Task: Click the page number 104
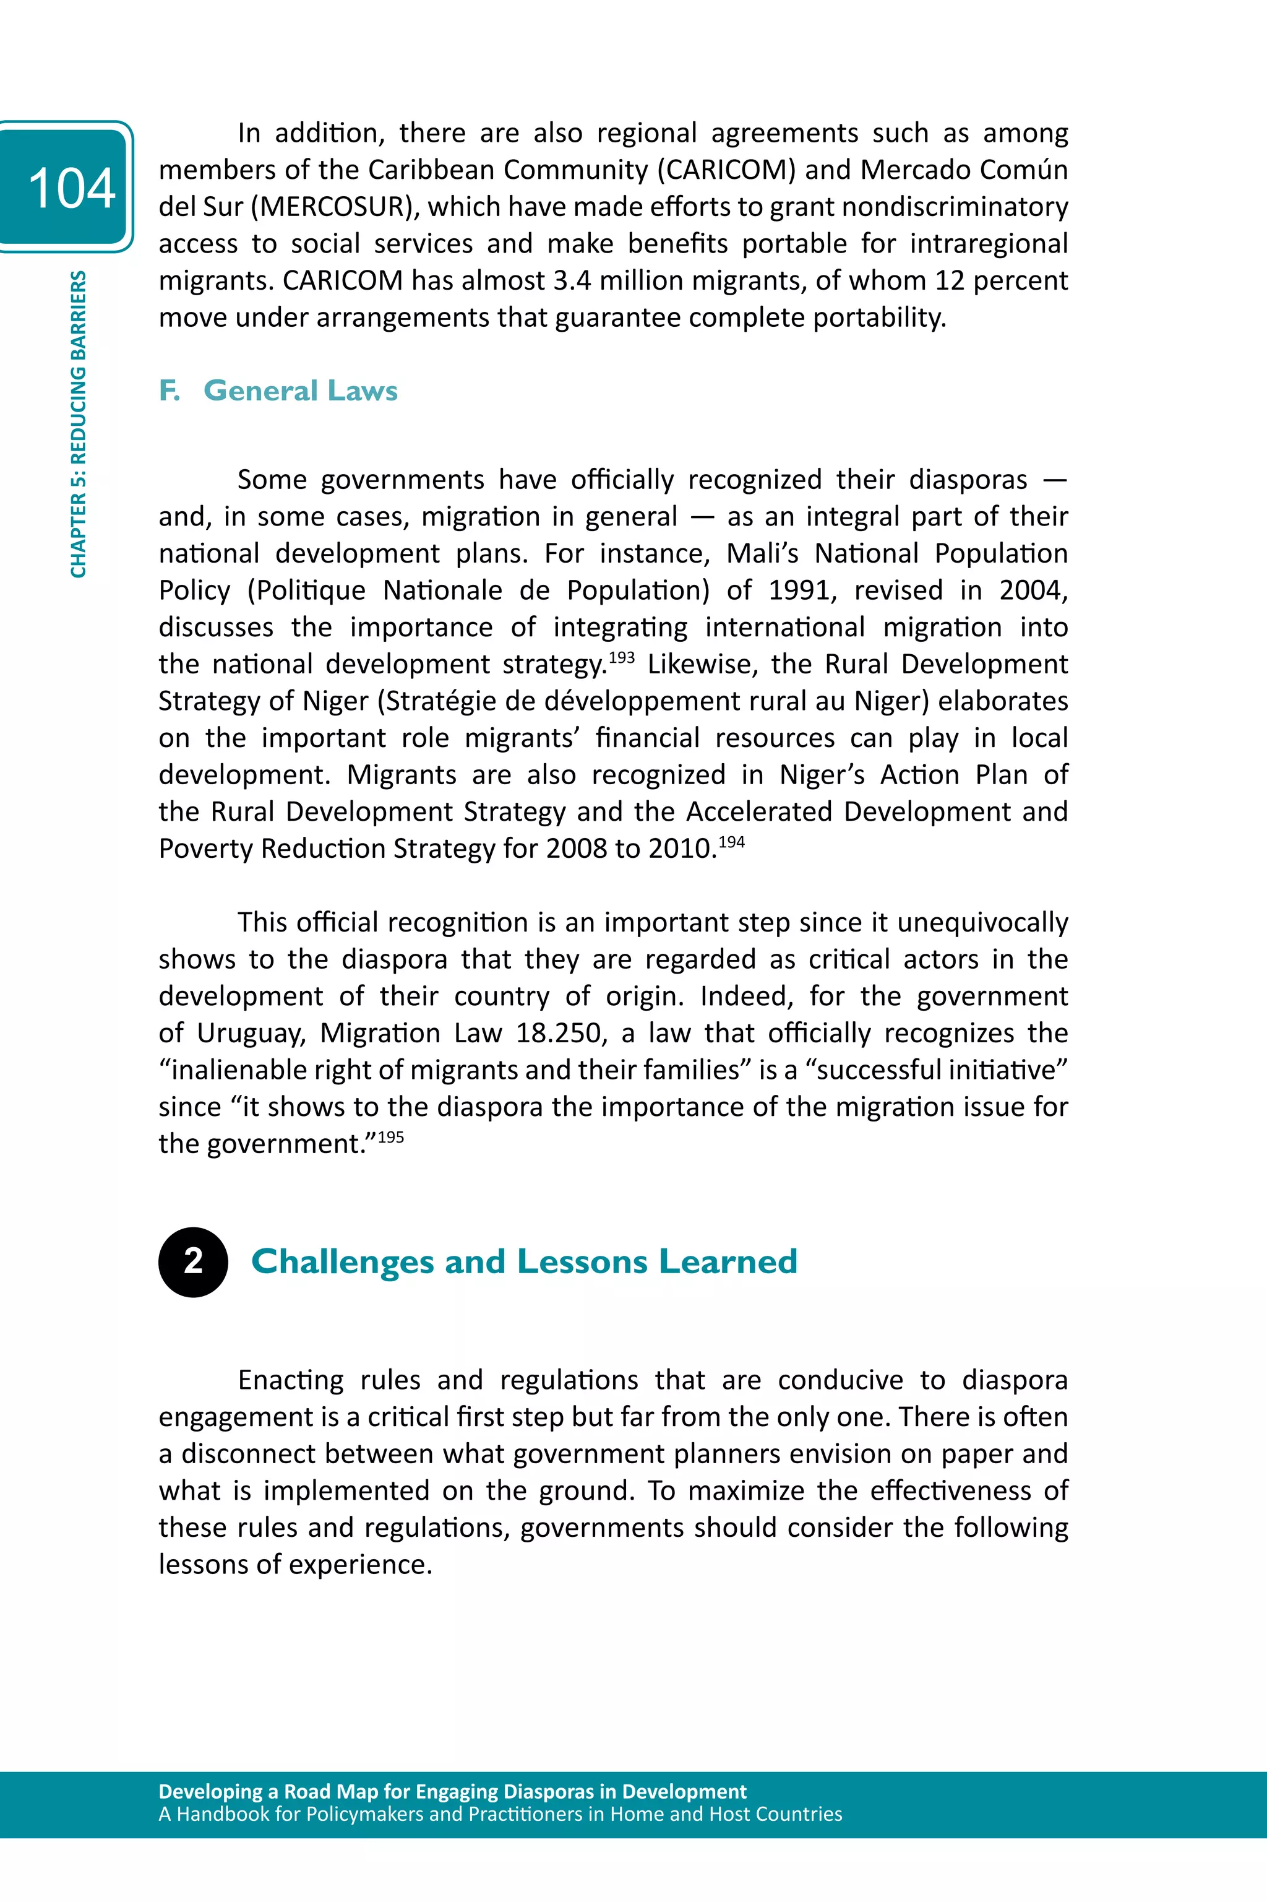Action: point(71,188)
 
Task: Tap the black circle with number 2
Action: point(193,1262)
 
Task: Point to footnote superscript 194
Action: point(731,842)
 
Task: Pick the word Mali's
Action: point(761,554)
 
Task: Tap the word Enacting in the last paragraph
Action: point(291,1380)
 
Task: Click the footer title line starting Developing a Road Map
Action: point(452,1791)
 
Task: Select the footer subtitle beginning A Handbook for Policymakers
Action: point(499,1814)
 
